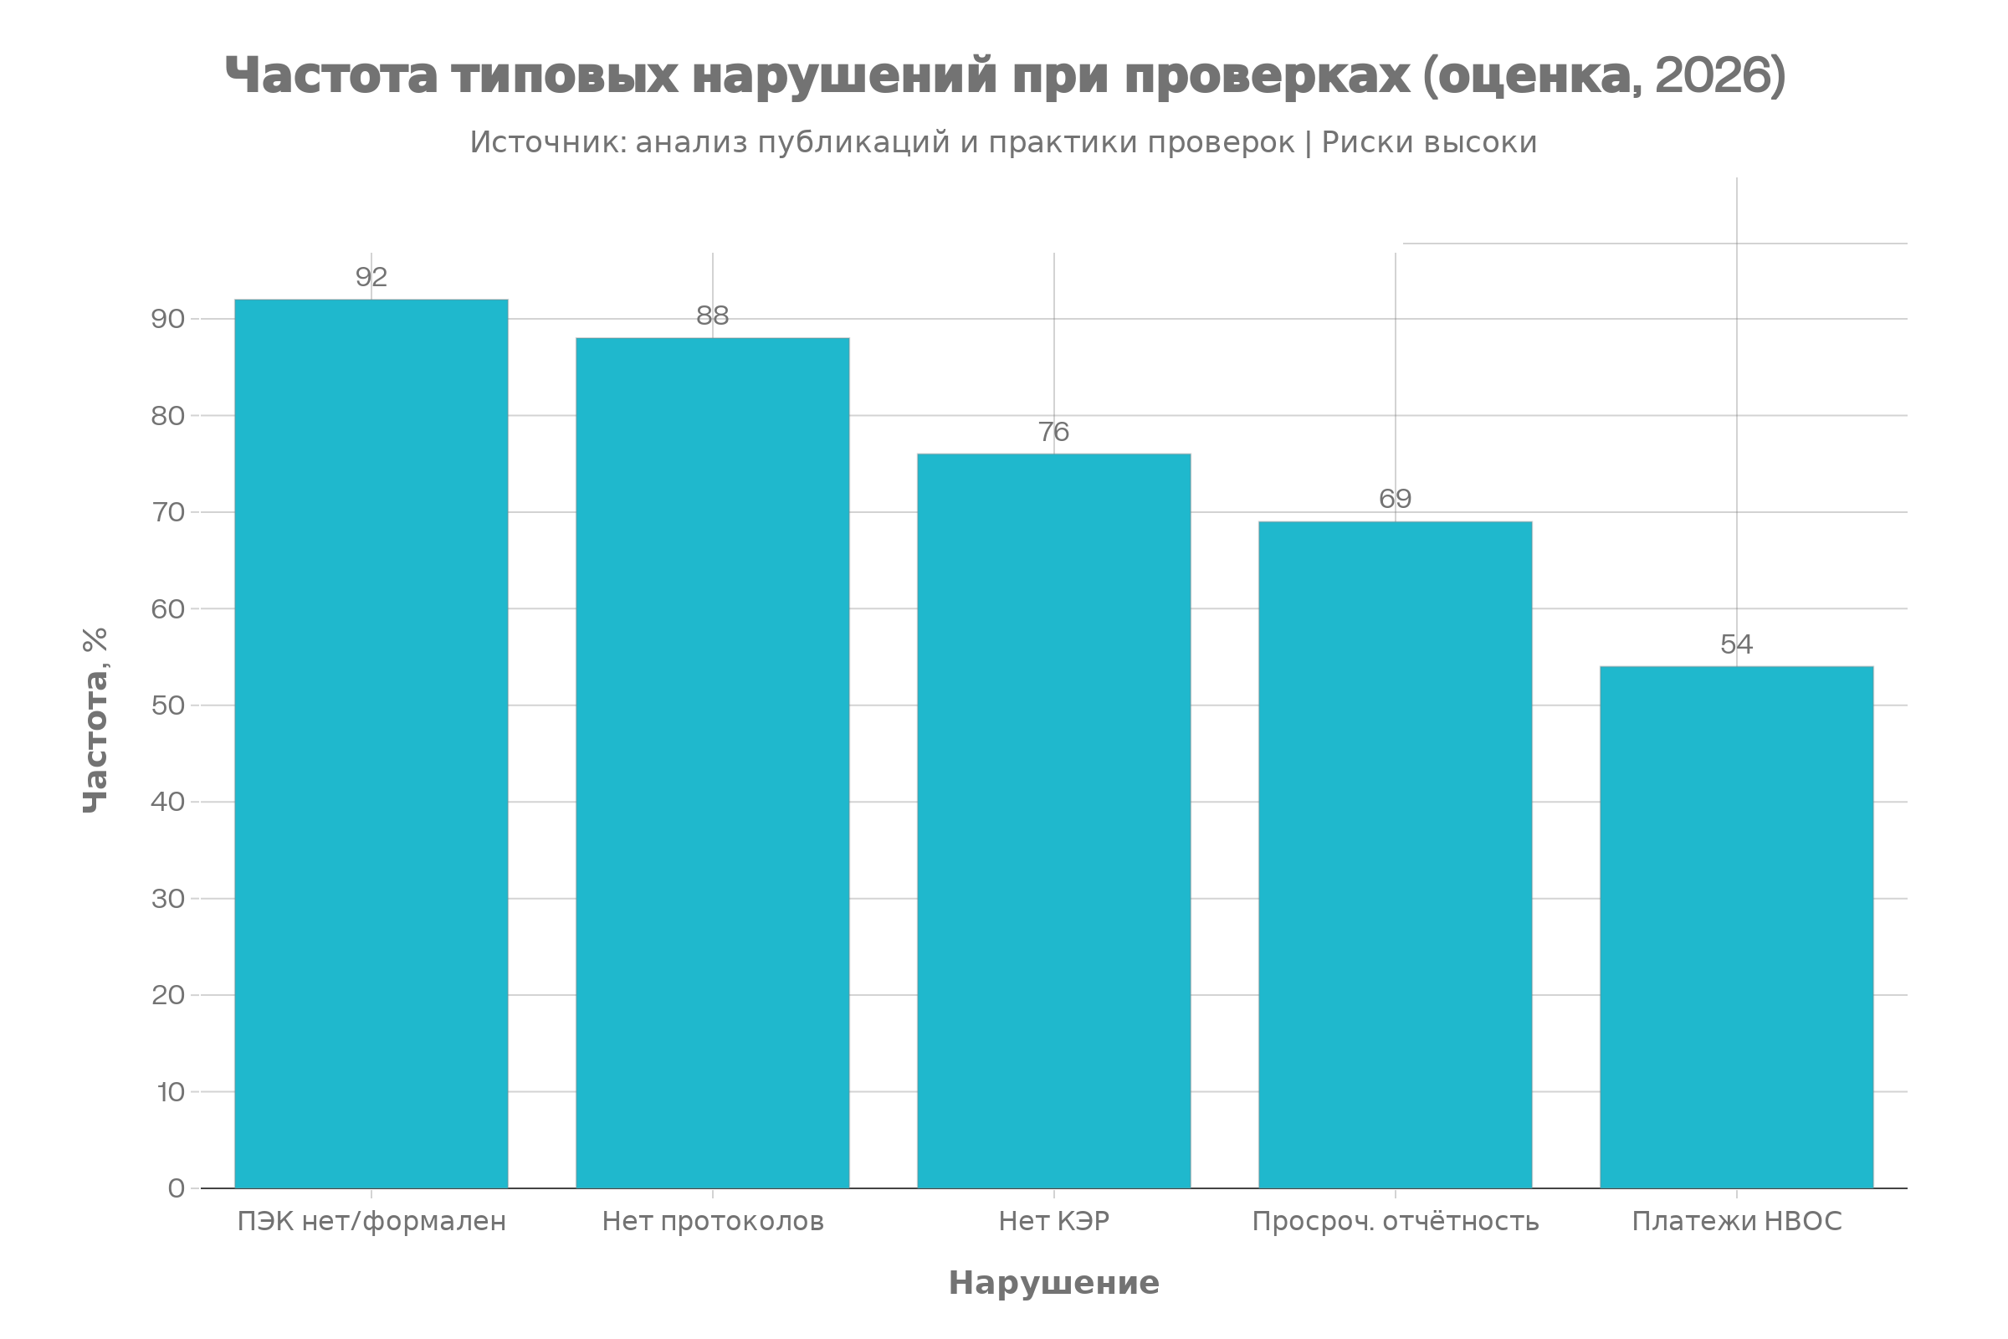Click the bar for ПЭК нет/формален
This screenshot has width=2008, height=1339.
371,744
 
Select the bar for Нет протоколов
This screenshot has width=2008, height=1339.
713,762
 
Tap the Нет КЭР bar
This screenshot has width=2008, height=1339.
1053,821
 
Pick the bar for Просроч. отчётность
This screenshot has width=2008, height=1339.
1395,854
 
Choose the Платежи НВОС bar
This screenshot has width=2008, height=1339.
1737,927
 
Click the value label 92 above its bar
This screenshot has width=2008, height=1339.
371,278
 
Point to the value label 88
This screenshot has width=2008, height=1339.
713,316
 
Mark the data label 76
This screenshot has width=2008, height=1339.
1053,432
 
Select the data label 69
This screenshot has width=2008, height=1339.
1395,499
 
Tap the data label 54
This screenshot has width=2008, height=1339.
1737,644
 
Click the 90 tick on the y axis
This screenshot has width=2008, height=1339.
168,320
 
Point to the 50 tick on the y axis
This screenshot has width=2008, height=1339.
168,705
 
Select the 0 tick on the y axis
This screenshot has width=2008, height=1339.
177,1188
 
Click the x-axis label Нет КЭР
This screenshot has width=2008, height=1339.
1053,1222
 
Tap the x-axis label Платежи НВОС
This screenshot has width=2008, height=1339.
1737,1222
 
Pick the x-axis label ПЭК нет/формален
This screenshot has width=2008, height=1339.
371,1222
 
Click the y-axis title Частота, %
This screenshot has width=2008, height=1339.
95,720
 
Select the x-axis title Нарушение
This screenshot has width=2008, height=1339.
1053,1284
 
